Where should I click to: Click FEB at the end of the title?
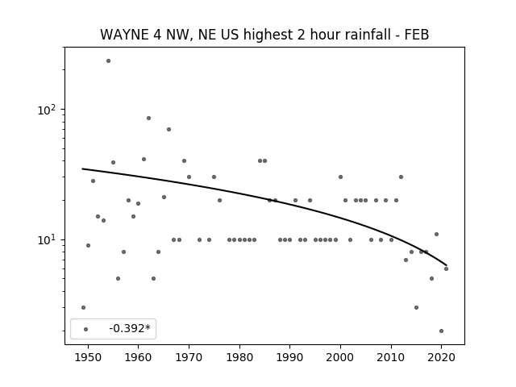418,35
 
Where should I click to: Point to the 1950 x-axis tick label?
88,357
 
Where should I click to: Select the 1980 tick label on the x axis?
239,357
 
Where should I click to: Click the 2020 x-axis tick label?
441,357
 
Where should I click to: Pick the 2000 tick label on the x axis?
340,357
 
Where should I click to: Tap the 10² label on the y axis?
47,110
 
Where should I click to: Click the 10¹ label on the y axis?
47,240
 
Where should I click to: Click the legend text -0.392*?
130,328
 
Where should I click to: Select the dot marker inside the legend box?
86,329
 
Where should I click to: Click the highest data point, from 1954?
108,61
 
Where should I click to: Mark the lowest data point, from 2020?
441,331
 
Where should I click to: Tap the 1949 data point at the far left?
83,308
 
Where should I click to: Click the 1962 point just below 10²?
148,119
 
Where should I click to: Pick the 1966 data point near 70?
169,129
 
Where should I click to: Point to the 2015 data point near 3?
416,308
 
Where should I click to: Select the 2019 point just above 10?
436,235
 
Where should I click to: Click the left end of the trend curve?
82,169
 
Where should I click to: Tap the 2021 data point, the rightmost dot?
446,268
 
